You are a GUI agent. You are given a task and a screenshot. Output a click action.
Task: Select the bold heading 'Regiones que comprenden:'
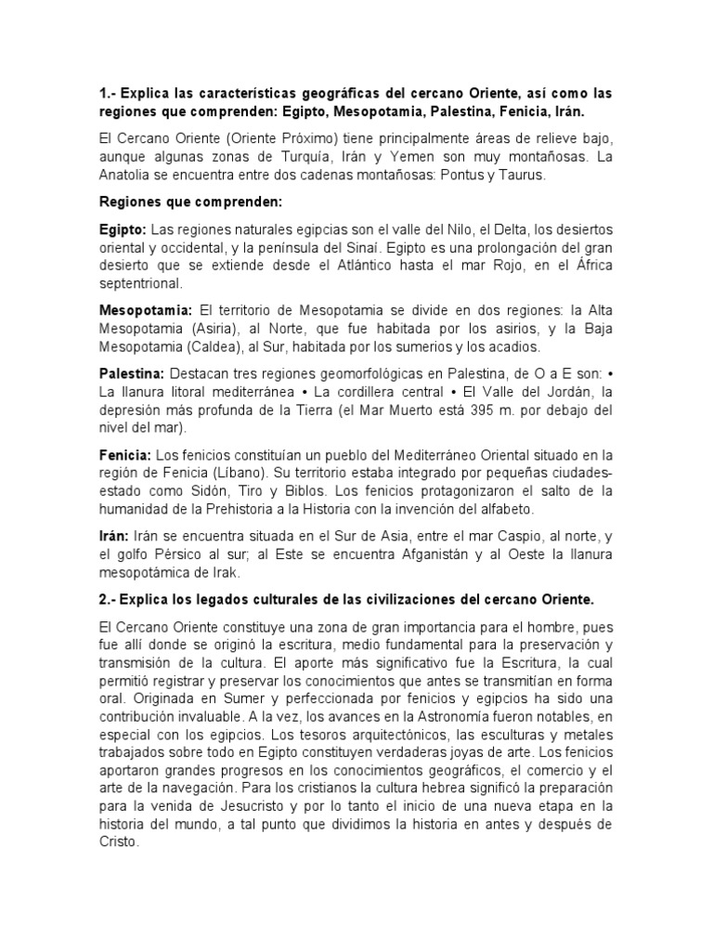[x=178, y=201]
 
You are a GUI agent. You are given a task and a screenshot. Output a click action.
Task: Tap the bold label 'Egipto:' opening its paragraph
[x=123, y=228]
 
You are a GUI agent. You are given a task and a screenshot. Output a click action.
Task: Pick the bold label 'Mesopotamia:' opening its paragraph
[x=145, y=309]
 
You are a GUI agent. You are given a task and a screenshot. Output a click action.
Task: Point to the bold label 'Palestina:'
[x=131, y=372]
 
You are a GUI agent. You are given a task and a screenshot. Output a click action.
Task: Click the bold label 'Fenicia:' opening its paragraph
[x=125, y=455]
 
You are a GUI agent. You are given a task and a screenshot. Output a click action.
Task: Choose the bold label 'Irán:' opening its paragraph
[x=115, y=537]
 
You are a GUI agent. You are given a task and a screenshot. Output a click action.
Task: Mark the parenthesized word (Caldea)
[x=214, y=346]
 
